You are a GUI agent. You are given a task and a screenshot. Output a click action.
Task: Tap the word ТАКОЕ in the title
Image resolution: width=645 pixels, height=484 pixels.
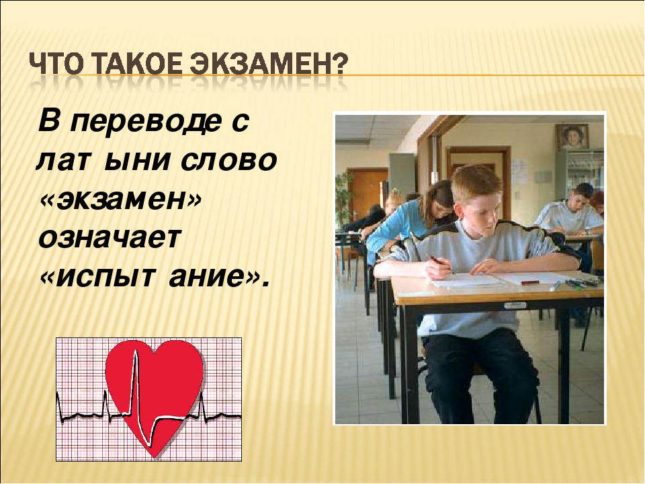134,65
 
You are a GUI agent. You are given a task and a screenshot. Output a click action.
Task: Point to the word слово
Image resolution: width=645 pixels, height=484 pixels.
228,161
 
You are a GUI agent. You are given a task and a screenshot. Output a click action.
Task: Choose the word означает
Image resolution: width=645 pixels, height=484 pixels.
110,238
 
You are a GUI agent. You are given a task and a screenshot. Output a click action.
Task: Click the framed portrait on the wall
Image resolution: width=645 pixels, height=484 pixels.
572,136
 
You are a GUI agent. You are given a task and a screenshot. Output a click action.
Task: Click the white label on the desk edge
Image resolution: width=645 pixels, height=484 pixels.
515,305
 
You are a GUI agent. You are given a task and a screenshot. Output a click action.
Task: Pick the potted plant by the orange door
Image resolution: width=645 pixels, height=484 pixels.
344,198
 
